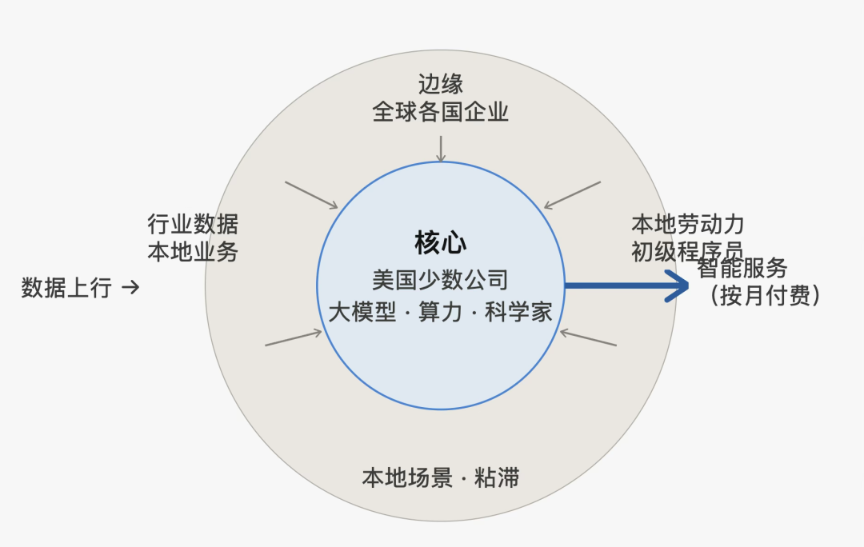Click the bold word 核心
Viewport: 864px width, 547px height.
coord(440,243)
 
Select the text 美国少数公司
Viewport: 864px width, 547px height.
coord(440,280)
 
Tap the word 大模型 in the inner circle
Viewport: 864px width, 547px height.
coord(362,313)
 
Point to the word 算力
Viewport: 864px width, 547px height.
coord(440,313)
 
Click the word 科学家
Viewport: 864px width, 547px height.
coord(518,313)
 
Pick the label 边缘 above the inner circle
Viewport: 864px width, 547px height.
coord(440,84)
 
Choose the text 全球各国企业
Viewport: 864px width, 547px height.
coord(440,112)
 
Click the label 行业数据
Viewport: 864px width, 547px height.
coord(193,224)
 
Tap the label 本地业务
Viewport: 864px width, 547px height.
coord(193,252)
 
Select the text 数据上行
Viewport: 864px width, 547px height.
coord(66,288)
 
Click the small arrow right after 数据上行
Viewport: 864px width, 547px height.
coord(130,288)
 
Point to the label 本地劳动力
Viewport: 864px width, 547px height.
coord(688,224)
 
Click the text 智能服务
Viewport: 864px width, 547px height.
coord(742,268)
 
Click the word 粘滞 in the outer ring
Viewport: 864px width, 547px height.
coord(497,477)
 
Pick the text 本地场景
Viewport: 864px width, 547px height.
coord(407,477)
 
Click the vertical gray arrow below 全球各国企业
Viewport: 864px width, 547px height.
coord(441,149)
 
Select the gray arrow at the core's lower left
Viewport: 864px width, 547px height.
coord(294,338)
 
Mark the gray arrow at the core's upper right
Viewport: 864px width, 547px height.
coord(572,195)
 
